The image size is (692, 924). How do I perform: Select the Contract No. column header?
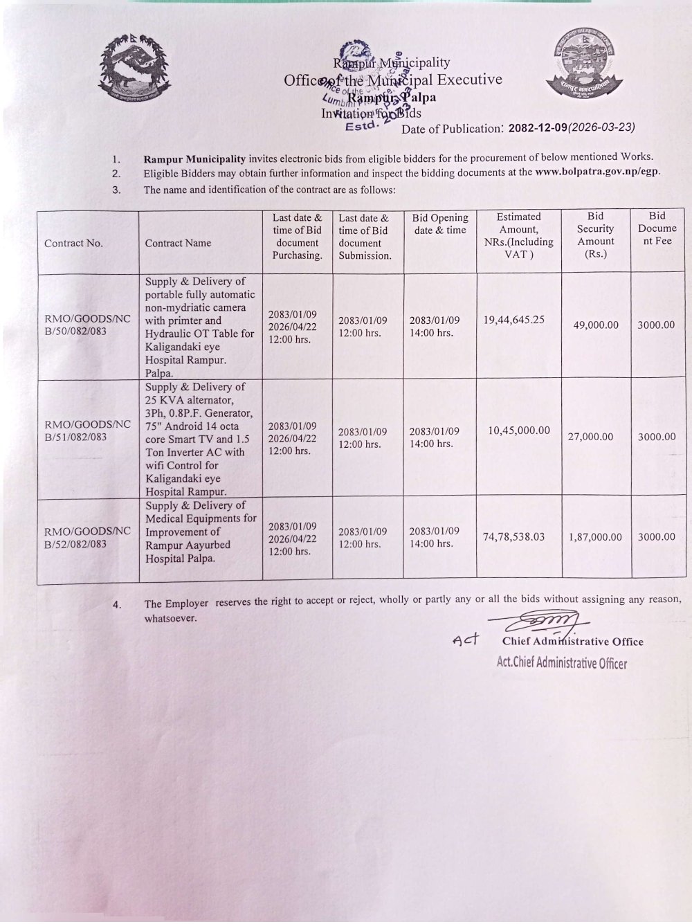tap(73, 243)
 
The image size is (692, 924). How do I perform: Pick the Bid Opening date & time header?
tap(440, 224)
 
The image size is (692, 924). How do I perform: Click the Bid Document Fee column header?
tap(657, 228)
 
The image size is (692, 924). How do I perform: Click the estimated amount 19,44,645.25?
tap(515, 320)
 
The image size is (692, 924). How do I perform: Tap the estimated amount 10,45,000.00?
tap(519, 431)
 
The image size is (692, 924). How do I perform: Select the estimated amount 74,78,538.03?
tap(514, 536)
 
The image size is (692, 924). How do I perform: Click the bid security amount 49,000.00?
tap(596, 325)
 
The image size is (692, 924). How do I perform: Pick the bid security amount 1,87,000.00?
tap(595, 536)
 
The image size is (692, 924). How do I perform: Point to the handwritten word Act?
tap(466, 640)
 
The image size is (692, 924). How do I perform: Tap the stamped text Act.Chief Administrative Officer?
tap(562, 662)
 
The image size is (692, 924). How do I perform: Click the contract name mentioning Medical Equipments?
tap(200, 532)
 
